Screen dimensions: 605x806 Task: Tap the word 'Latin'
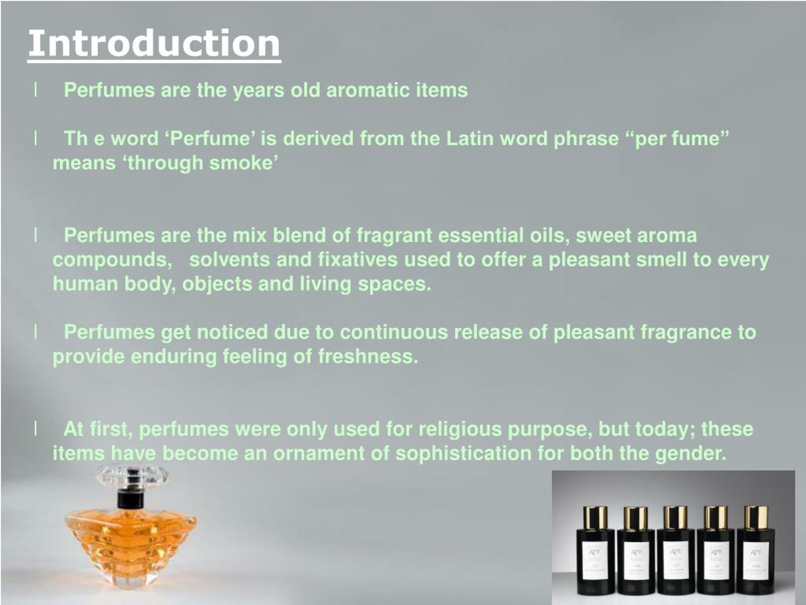coord(470,139)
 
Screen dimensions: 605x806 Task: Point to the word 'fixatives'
coord(357,260)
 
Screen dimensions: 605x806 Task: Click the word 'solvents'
coord(230,260)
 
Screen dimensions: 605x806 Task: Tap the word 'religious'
coord(460,429)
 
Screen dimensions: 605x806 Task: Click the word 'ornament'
coord(319,453)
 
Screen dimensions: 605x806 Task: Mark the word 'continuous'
coord(394,332)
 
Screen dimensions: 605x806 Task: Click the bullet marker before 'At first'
coord(35,429)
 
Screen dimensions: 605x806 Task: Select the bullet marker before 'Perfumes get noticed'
coord(35,332)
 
